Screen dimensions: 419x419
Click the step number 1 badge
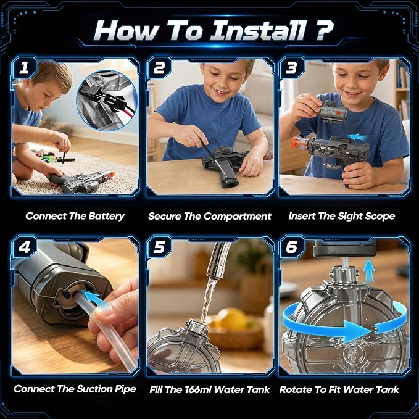(24, 68)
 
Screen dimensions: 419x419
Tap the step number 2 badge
(159, 68)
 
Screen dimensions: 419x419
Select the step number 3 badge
(291, 68)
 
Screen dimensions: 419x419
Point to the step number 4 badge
(24, 247)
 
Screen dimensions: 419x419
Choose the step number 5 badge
(159, 247)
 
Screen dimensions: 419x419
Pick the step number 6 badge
(291, 247)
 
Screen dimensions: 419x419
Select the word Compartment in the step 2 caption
(238, 216)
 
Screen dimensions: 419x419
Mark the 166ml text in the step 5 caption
(197, 389)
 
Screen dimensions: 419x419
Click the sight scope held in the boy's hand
(333, 112)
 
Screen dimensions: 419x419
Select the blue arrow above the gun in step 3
(357, 138)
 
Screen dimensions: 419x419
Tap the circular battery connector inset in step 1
(107, 100)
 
